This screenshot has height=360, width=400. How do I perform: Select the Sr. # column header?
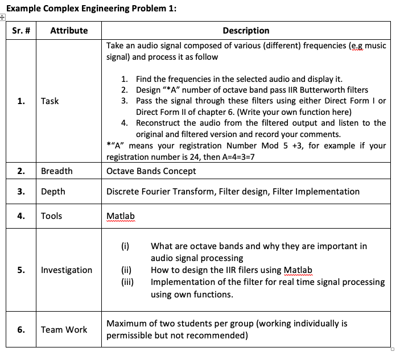point(21,31)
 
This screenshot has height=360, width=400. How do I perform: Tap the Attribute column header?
point(69,31)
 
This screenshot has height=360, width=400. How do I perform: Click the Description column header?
point(246,31)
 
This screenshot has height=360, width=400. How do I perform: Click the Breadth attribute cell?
point(57,171)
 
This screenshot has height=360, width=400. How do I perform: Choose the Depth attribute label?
point(53,192)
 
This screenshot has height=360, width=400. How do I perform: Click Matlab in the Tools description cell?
point(121,216)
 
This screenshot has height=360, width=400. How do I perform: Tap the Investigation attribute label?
point(67,270)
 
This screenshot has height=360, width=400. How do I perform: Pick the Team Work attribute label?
point(64,329)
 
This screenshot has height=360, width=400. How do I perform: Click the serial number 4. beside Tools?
point(21,216)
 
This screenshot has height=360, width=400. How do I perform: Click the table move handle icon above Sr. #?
point(3,18)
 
